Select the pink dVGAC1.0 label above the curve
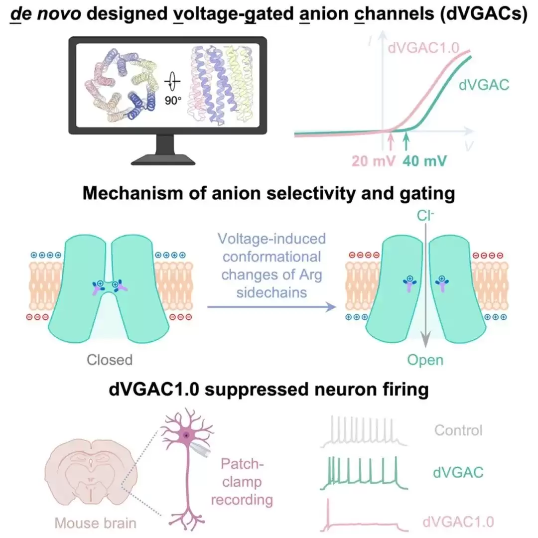pyautogui.click(x=428, y=48)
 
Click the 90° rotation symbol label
pyautogui.click(x=174, y=100)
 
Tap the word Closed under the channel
pyautogui.click(x=110, y=359)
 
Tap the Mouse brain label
pyautogui.click(x=95, y=523)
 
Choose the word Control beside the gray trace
pyautogui.click(x=458, y=430)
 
